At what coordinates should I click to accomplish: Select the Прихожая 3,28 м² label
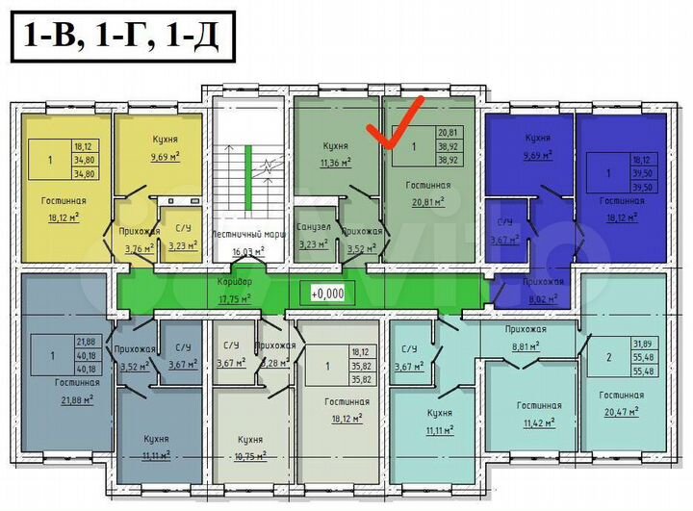click(275, 353)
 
